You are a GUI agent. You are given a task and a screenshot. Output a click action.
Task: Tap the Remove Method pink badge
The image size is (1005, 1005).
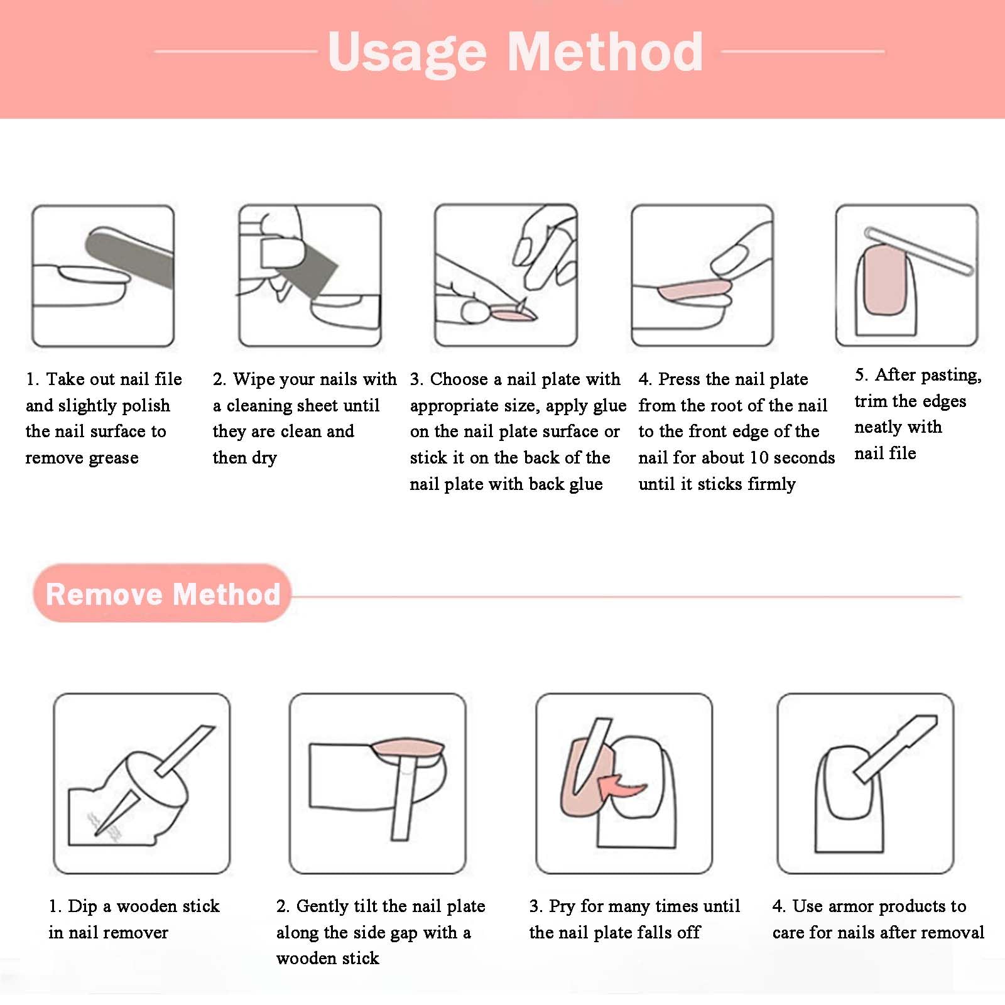point(162,594)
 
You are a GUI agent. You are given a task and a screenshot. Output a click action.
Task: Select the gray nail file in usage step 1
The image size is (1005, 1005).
point(130,259)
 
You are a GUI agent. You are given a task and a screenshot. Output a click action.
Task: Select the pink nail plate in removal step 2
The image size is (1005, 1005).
point(407,749)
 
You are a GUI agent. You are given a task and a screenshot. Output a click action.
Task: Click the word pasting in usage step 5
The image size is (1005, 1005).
point(950,376)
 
